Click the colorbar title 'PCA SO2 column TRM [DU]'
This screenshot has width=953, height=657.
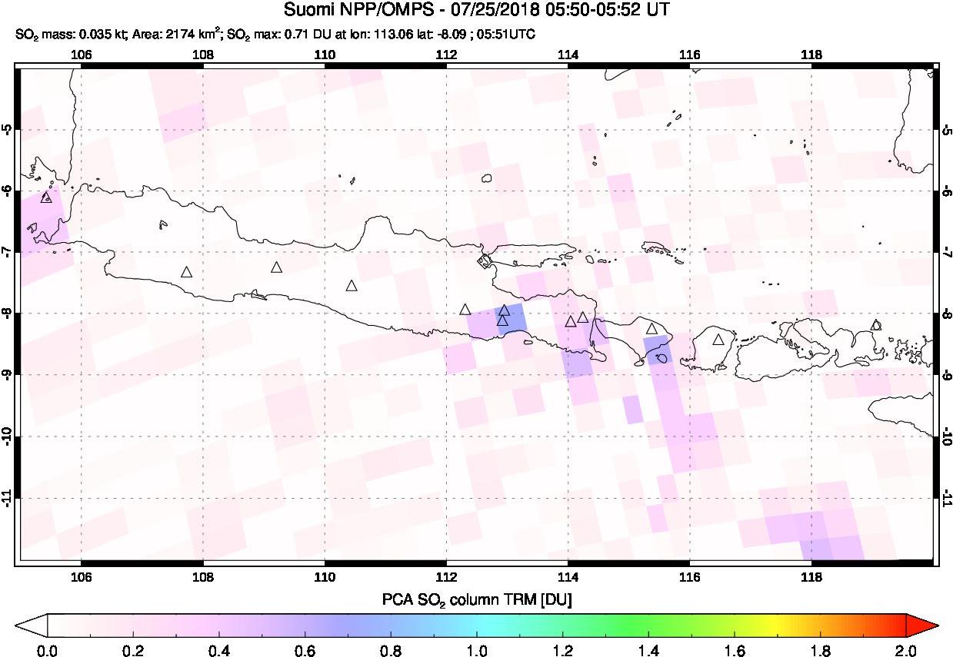(476, 599)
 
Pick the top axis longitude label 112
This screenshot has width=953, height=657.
(446, 55)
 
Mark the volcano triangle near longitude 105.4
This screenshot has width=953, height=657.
(46, 197)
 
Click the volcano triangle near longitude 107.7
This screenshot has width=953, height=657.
(186, 272)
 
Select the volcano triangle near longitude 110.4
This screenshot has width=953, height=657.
(352, 286)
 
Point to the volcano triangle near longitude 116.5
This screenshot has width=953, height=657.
(718, 340)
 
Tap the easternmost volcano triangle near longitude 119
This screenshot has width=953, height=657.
(875, 325)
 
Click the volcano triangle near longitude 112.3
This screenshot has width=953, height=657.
(465, 310)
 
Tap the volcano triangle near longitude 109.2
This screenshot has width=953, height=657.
(277, 267)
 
